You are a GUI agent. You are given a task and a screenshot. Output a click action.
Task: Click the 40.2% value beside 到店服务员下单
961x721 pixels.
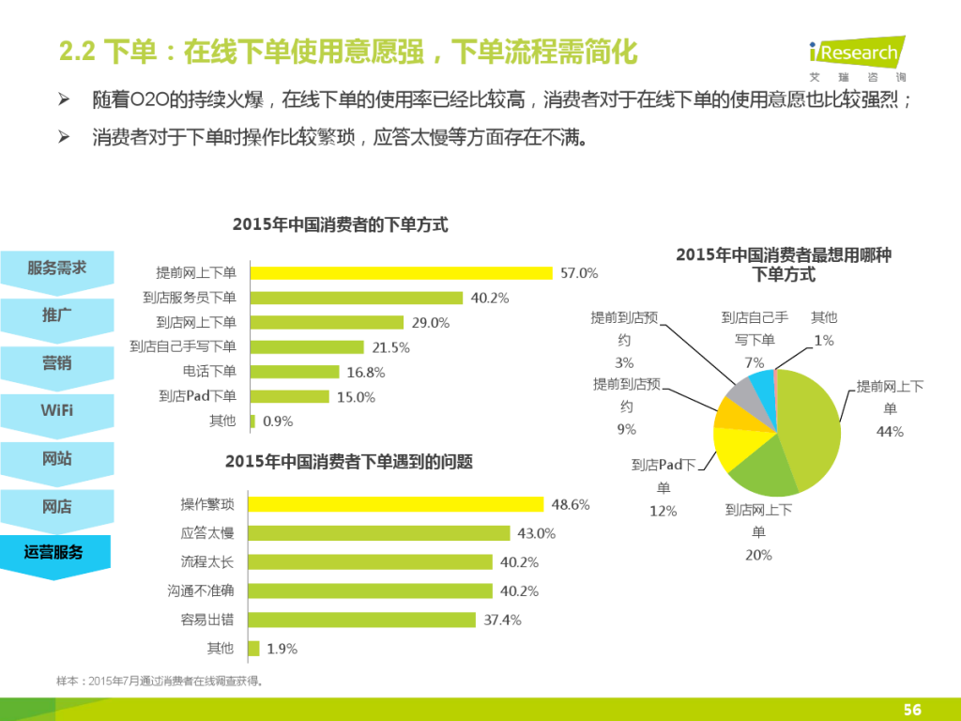point(490,299)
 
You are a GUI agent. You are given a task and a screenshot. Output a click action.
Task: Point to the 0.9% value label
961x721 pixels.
point(278,422)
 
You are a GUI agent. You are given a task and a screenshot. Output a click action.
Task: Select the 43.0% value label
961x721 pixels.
point(537,533)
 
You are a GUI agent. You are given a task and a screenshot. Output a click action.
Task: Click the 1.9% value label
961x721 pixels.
point(282,649)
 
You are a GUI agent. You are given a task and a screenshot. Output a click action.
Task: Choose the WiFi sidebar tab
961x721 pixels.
point(56,411)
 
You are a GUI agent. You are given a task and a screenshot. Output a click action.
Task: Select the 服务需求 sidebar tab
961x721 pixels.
point(56,268)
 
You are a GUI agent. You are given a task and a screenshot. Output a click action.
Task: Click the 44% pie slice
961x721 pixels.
point(812,427)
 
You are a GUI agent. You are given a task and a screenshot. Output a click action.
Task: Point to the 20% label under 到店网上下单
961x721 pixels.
point(758,555)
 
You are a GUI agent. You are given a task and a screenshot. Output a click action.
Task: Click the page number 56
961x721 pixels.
point(911,710)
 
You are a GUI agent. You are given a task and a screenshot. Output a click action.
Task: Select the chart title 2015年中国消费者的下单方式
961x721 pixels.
point(340,225)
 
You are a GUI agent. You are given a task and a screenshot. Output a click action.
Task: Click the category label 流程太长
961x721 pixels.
point(207,562)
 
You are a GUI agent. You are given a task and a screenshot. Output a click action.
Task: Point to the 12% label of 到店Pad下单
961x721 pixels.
point(664,511)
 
